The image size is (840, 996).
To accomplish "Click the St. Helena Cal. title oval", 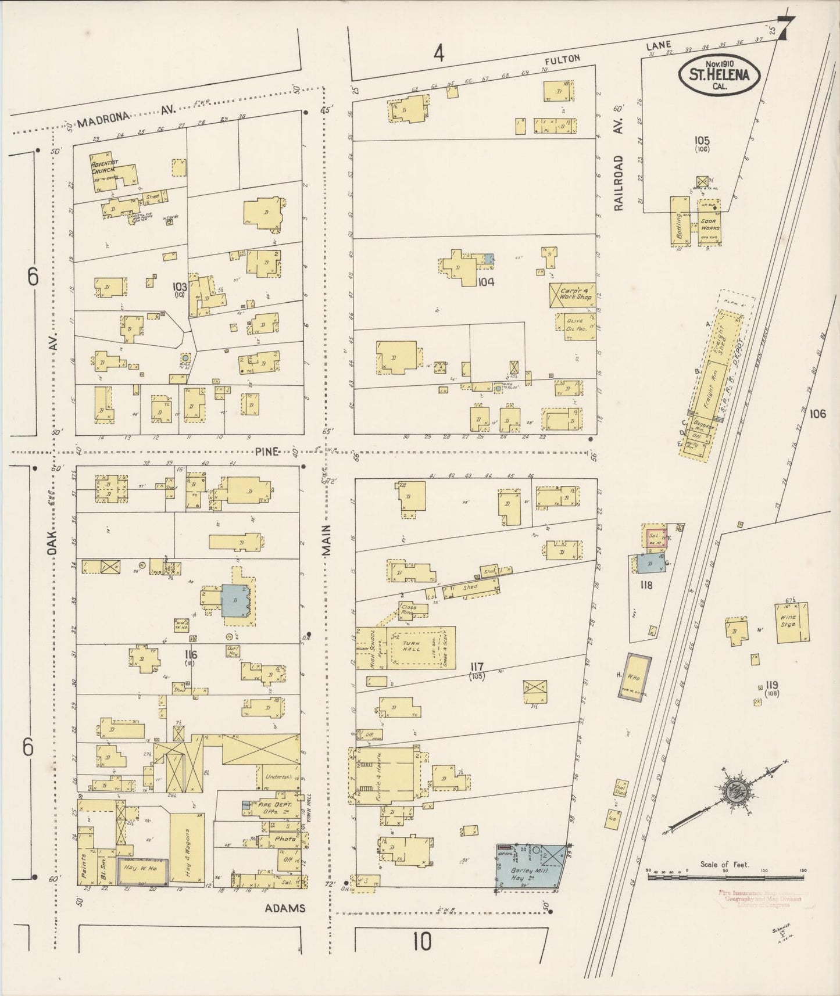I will (x=720, y=74).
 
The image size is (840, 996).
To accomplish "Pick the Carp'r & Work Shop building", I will (x=573, y=293).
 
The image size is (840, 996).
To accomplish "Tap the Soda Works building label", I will (x=710, y=224).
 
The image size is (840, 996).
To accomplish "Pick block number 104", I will (x=485, y=282).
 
